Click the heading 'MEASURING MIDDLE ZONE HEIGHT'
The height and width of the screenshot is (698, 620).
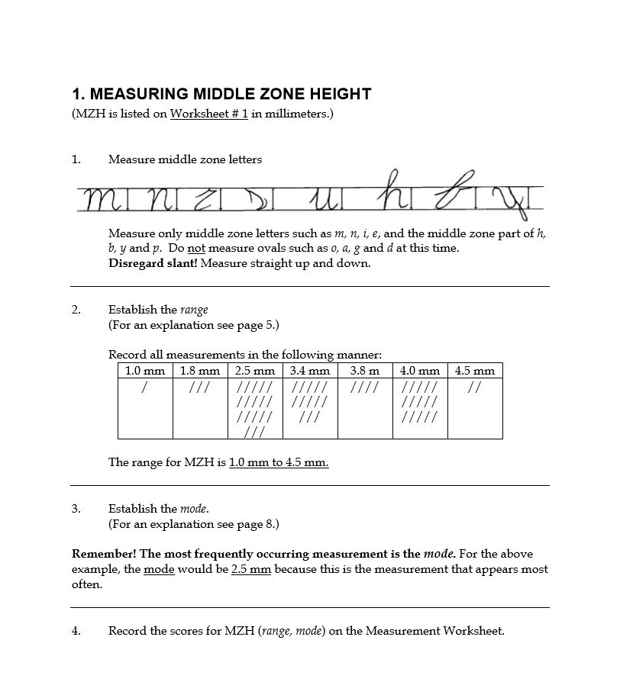tap(221, 94)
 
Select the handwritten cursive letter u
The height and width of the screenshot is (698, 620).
tap(325, 201)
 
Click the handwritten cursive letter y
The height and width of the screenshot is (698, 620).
tap(509, 201)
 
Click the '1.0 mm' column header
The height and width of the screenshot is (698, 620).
tap(145, 371)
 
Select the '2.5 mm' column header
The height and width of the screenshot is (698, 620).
tap(255, 371)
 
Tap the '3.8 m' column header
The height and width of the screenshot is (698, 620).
tap(365, 371)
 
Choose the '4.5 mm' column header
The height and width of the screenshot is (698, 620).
tap(475, 371)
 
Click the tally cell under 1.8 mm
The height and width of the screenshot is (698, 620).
tap(200, 408)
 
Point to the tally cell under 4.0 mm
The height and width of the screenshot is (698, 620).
tap(420, 408)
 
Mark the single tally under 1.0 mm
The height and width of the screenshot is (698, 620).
tap(145, 388)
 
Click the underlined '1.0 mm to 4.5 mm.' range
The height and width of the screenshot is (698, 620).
tap(279, 462)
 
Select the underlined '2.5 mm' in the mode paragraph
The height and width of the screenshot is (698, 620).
tap(251, 569)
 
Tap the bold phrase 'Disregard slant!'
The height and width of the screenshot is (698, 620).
tap(152, 263)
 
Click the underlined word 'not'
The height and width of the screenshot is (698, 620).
tap(196, 248)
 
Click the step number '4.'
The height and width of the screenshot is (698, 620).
tap(76, 631)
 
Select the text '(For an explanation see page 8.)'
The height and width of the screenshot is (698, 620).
tap(194, 524)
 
